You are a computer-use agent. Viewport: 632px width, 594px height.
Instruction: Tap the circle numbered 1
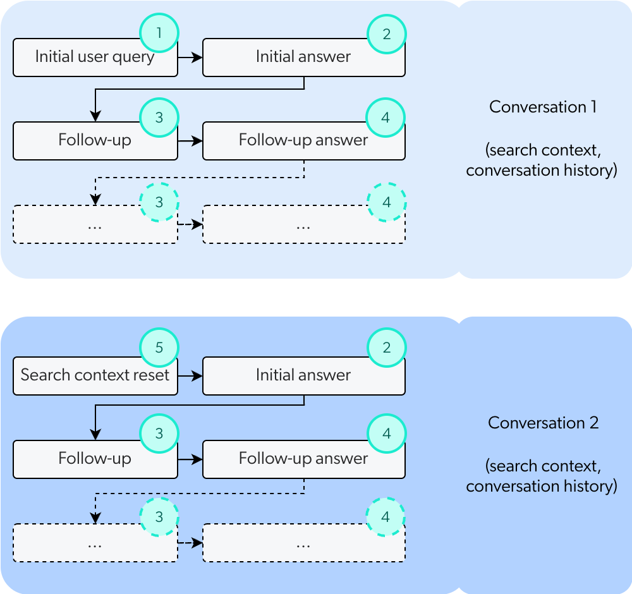point(159,33)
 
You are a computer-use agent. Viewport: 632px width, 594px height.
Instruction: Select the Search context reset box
point(95,376)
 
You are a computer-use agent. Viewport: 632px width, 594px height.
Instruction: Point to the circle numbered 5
point(159,348)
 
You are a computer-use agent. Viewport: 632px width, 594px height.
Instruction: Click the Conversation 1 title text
point(542,107)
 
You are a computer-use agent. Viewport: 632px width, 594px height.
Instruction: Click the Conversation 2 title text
point(542,423)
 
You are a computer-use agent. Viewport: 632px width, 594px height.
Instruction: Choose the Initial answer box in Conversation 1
point(303,58)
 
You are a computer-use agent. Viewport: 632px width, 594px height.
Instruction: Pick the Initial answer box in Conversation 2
point(303,376)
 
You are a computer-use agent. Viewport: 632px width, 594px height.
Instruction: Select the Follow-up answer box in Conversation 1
point(303,141)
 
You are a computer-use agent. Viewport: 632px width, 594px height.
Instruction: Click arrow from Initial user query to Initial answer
point(190,58)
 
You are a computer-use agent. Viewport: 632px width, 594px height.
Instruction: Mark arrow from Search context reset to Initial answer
point(190,376)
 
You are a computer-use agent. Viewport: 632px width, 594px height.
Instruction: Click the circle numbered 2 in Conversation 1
point(386,33)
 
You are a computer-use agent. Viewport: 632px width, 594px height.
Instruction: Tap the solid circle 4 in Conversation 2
point(386,434)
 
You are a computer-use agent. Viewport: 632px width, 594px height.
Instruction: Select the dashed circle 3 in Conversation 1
point(159,202)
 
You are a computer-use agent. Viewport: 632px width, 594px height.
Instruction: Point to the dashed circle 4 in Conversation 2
point(386,517)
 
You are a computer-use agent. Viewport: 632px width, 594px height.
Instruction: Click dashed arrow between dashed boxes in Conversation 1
point(190,224)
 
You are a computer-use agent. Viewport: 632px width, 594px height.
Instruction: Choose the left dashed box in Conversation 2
point(95,543)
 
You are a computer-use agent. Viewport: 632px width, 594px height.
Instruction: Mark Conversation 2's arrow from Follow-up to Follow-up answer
point(190,458)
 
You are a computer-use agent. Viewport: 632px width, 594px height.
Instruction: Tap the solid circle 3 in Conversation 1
point(159,118)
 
